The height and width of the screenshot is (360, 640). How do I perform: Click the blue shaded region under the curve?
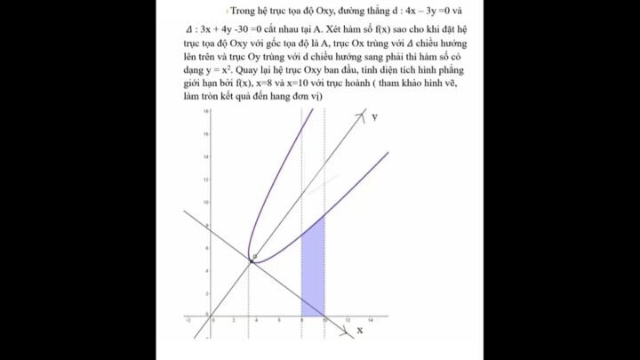[312, 276]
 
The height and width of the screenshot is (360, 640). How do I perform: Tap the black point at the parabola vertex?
[251, 260]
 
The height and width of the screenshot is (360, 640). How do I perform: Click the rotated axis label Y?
[375, 117]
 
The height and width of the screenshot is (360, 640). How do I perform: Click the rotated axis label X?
[360, 331]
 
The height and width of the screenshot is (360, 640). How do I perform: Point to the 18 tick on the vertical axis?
[206, 111]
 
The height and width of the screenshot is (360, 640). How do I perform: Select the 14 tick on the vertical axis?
[206, 157]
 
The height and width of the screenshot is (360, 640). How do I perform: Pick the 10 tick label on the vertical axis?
[206, 203]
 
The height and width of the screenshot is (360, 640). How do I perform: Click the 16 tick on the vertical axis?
[206, 134]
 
